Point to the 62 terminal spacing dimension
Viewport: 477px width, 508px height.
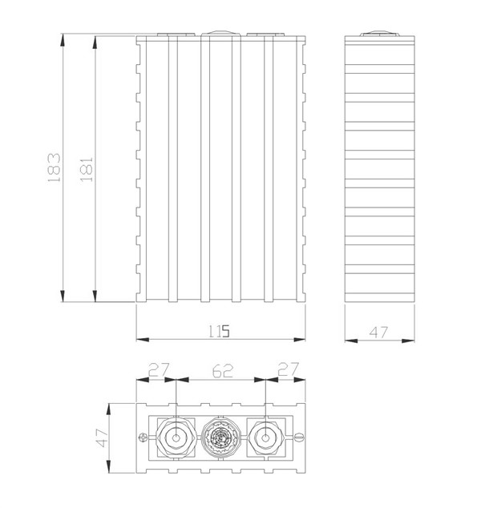click(220, 371)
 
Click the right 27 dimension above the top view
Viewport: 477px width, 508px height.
click(286, 371)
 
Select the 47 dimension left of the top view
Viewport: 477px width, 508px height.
click(102, 437)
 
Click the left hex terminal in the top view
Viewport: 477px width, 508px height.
click(176, 438)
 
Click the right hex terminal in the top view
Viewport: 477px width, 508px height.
click(265, 438)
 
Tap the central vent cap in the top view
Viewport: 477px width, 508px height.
click(220, 438)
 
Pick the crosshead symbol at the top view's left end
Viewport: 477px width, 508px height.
click(143, 437)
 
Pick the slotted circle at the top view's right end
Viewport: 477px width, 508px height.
click(298, 437)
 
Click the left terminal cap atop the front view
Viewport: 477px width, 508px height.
click(176, 35)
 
